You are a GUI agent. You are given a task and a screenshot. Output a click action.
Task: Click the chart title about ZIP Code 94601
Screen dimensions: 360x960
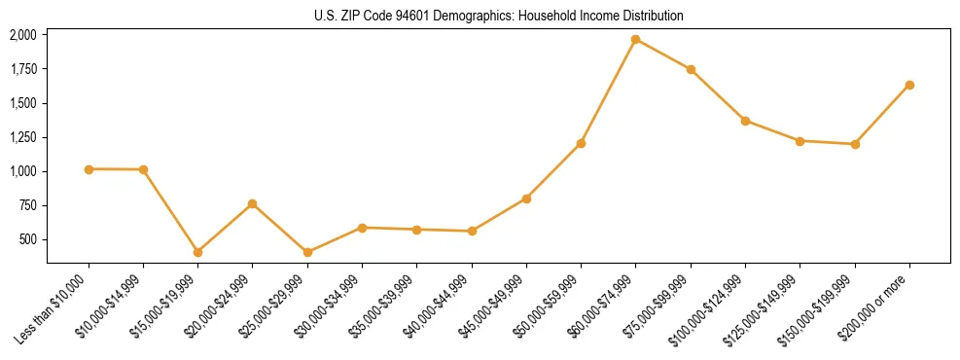[498, 16]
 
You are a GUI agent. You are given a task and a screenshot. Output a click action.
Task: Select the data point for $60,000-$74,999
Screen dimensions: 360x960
[635, 40]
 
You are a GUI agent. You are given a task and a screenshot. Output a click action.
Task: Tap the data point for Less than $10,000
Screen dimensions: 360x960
[89, 169]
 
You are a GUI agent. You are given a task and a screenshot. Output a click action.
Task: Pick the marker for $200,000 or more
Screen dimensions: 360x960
[909, 85]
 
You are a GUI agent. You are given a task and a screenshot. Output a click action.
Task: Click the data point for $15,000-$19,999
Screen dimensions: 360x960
[197, 252]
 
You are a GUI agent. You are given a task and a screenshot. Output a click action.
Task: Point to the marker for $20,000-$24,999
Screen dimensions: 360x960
[252, 203]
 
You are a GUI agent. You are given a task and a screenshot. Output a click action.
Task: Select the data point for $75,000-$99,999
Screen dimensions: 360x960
[691, 69]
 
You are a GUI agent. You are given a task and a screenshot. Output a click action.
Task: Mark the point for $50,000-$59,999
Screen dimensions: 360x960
[581, 143]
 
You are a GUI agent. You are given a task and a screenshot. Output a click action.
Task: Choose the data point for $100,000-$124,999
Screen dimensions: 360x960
[745, 121]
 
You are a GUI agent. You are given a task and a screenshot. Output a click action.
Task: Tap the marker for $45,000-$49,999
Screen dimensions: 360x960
[526, 198]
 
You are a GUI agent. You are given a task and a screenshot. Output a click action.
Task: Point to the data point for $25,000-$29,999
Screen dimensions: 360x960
[307, 252]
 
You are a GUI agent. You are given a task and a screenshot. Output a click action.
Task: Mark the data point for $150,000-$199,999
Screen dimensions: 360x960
[855, 144]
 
